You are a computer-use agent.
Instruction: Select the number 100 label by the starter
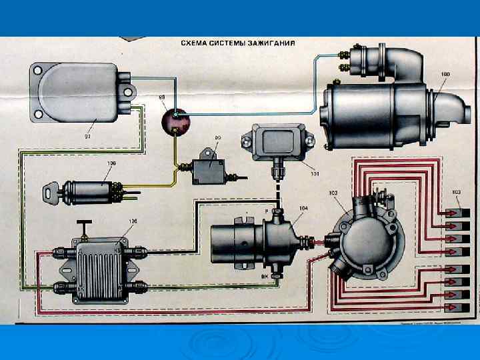(x=445, y=73)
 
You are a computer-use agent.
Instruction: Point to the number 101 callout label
(x=314, y=175)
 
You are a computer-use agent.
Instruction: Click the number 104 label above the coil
(x=303, y=209)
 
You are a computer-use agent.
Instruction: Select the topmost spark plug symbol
(x=459, y=213)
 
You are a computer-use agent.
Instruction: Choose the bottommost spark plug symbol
(x=459, y=307)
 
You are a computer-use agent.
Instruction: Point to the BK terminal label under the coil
(x=265, y=275)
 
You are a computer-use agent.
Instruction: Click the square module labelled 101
(x=275, y=143)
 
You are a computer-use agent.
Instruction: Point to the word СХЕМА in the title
(x=197, y=44)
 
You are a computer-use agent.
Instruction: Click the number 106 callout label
(x=133, y=221)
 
